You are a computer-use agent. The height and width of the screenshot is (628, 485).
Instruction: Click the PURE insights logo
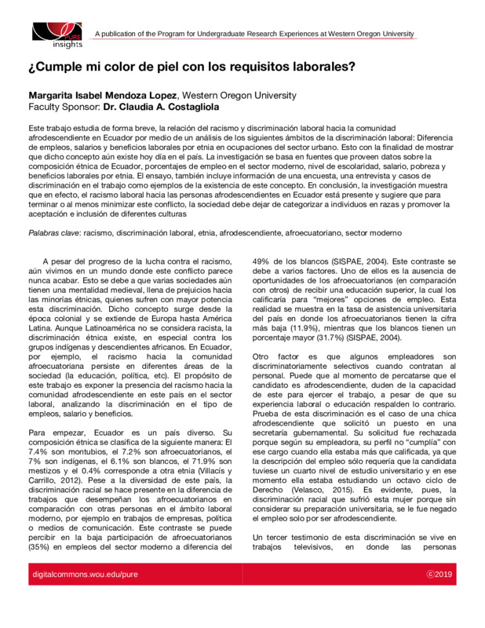(x=56, y=33)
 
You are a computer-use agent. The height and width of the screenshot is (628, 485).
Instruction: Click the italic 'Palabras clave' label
(x=54, y=233)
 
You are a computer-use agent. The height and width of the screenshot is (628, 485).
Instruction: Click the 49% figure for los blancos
(x=261, y=261)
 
